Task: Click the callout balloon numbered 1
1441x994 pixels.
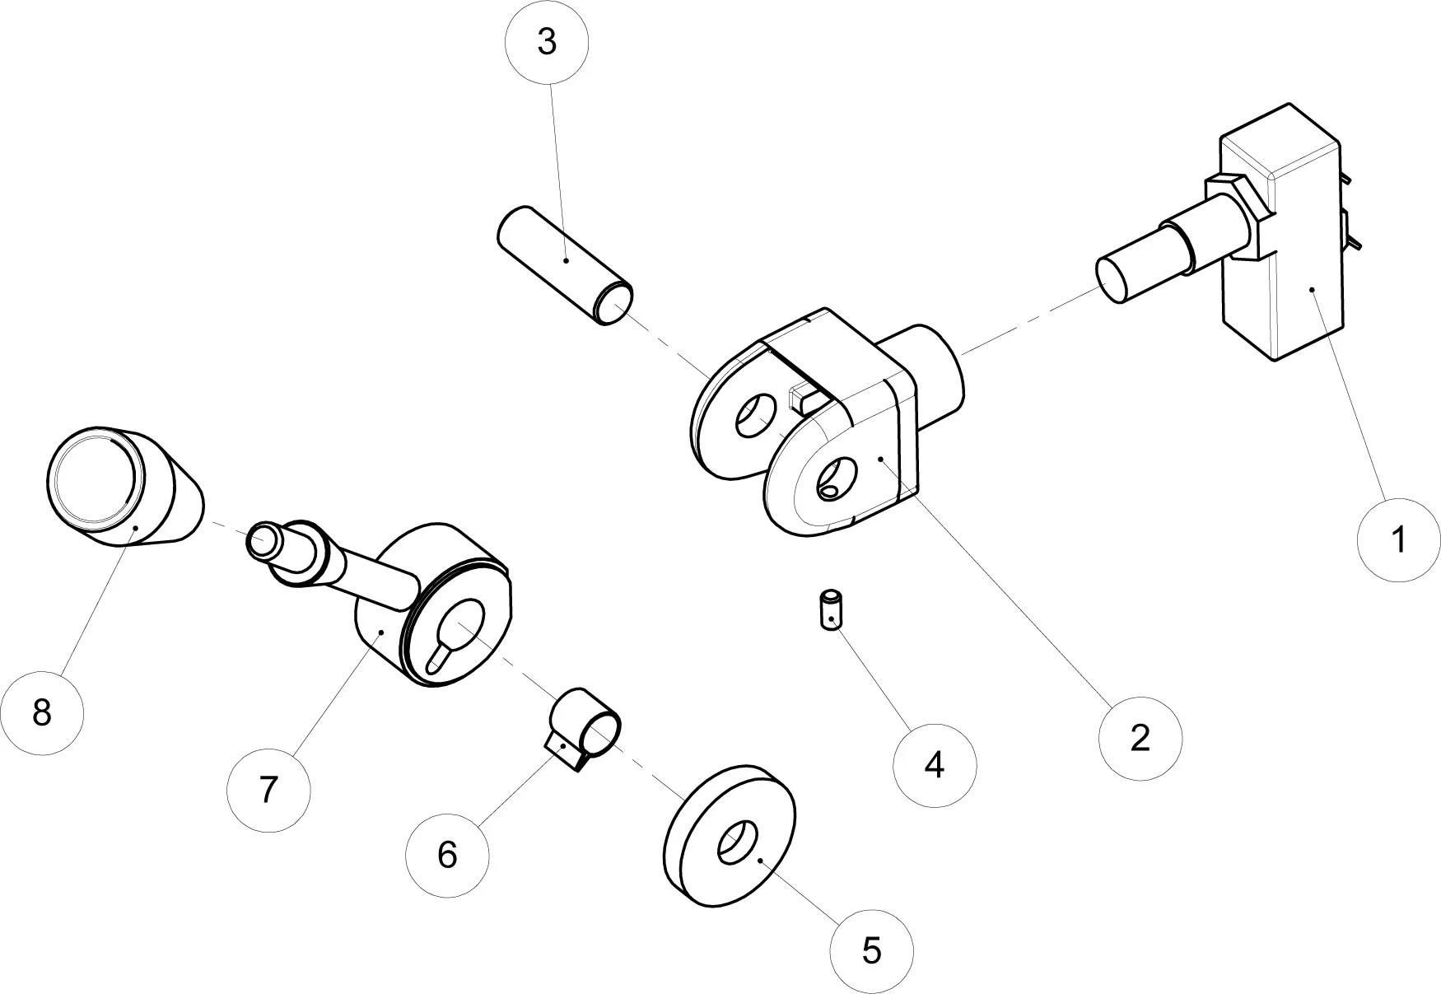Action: (x=1398, y=539)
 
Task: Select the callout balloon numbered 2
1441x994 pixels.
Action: (x=1140, y=738)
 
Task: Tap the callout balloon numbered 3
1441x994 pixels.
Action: (x=547, y=42)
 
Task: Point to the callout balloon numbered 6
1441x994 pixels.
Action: (x=447, y=854)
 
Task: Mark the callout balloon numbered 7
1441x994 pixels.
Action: (x=268, y=790)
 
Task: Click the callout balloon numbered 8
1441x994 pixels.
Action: (x=42, y=712)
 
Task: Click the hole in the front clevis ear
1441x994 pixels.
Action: (x=835, y=480)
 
